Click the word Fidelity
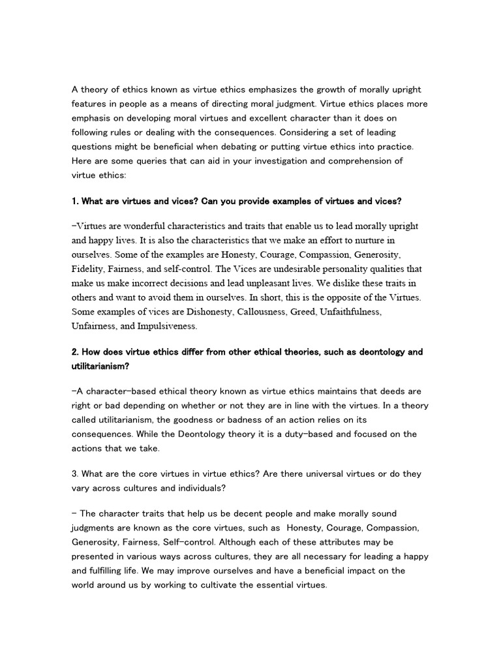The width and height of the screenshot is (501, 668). [x=88, y=267]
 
